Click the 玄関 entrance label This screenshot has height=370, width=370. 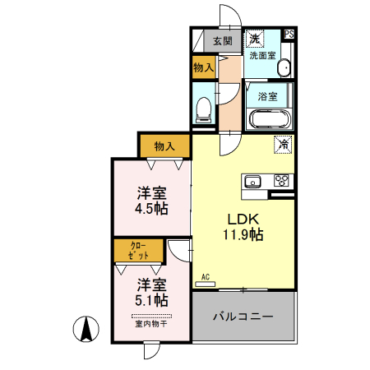(222, 40)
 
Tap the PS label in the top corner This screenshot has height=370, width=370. (289, 35)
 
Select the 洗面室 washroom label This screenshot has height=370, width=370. (265, 56)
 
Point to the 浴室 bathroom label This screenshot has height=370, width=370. (267, 96)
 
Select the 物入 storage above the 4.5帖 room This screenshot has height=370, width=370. (164, 146)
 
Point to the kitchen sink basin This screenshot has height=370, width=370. (252, 182)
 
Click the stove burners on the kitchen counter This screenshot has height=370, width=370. (280, 181)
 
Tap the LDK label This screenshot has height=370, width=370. (244, 219)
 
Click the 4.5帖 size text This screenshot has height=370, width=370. (152, 210)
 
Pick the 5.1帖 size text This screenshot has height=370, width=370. (152, 301)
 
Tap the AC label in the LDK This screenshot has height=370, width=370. (205, 279)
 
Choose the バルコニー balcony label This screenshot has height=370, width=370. (243, 315)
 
